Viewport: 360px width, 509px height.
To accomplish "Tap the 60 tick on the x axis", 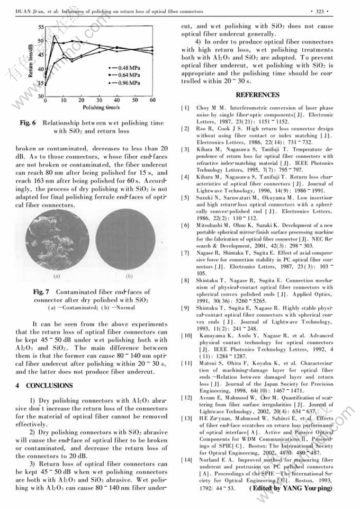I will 152,100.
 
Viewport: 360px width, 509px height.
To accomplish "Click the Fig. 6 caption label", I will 28,123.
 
